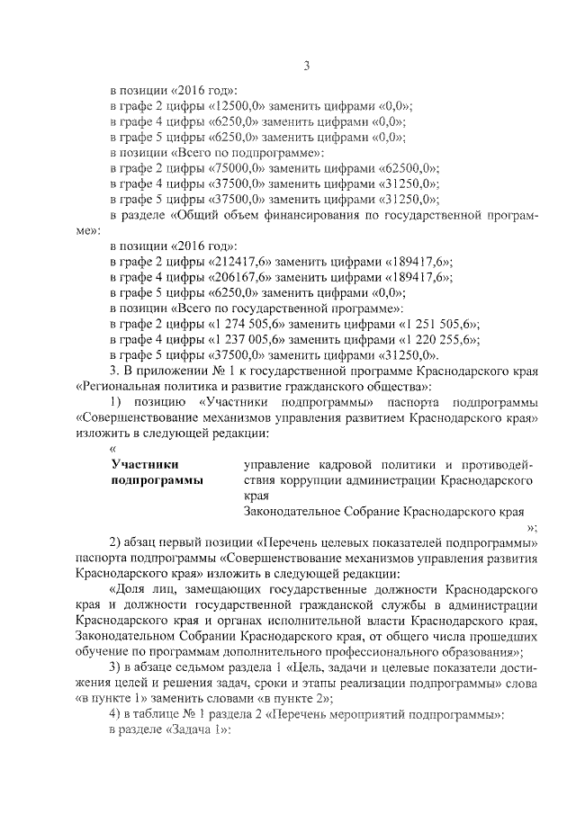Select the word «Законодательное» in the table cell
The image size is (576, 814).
click(292, 511)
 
